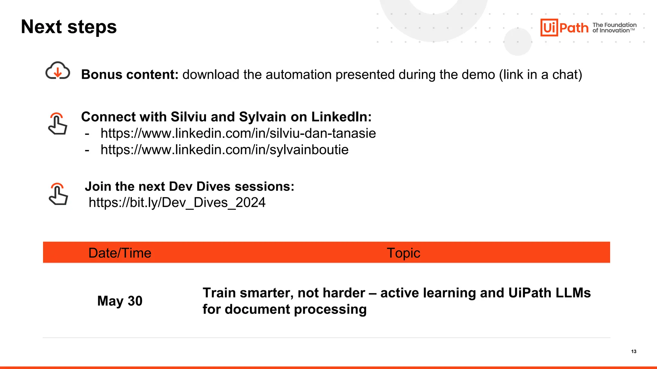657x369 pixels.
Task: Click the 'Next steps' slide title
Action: point(69,27)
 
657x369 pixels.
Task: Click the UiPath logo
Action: point(564,28)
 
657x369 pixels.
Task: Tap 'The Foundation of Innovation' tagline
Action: point(614,28)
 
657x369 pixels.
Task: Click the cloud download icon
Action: point(58,71)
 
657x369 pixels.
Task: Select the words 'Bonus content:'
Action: point(130,75)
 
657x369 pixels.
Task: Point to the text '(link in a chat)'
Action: point(540,75)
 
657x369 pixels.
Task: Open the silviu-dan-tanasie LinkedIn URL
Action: point(238,133)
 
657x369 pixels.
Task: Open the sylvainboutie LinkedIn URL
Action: point(224,150)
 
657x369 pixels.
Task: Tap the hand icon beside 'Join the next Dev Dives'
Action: point(58,194)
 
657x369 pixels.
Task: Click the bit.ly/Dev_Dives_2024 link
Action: point(177,202)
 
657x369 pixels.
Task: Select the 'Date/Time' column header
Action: point(120,253)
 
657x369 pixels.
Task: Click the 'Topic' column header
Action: point(403,253)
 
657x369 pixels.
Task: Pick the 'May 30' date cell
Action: point(120,301)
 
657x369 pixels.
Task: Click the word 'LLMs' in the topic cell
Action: point(573,293)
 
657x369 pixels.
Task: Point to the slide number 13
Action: point(634,351)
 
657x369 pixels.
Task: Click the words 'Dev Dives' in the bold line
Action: point(200,186)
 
